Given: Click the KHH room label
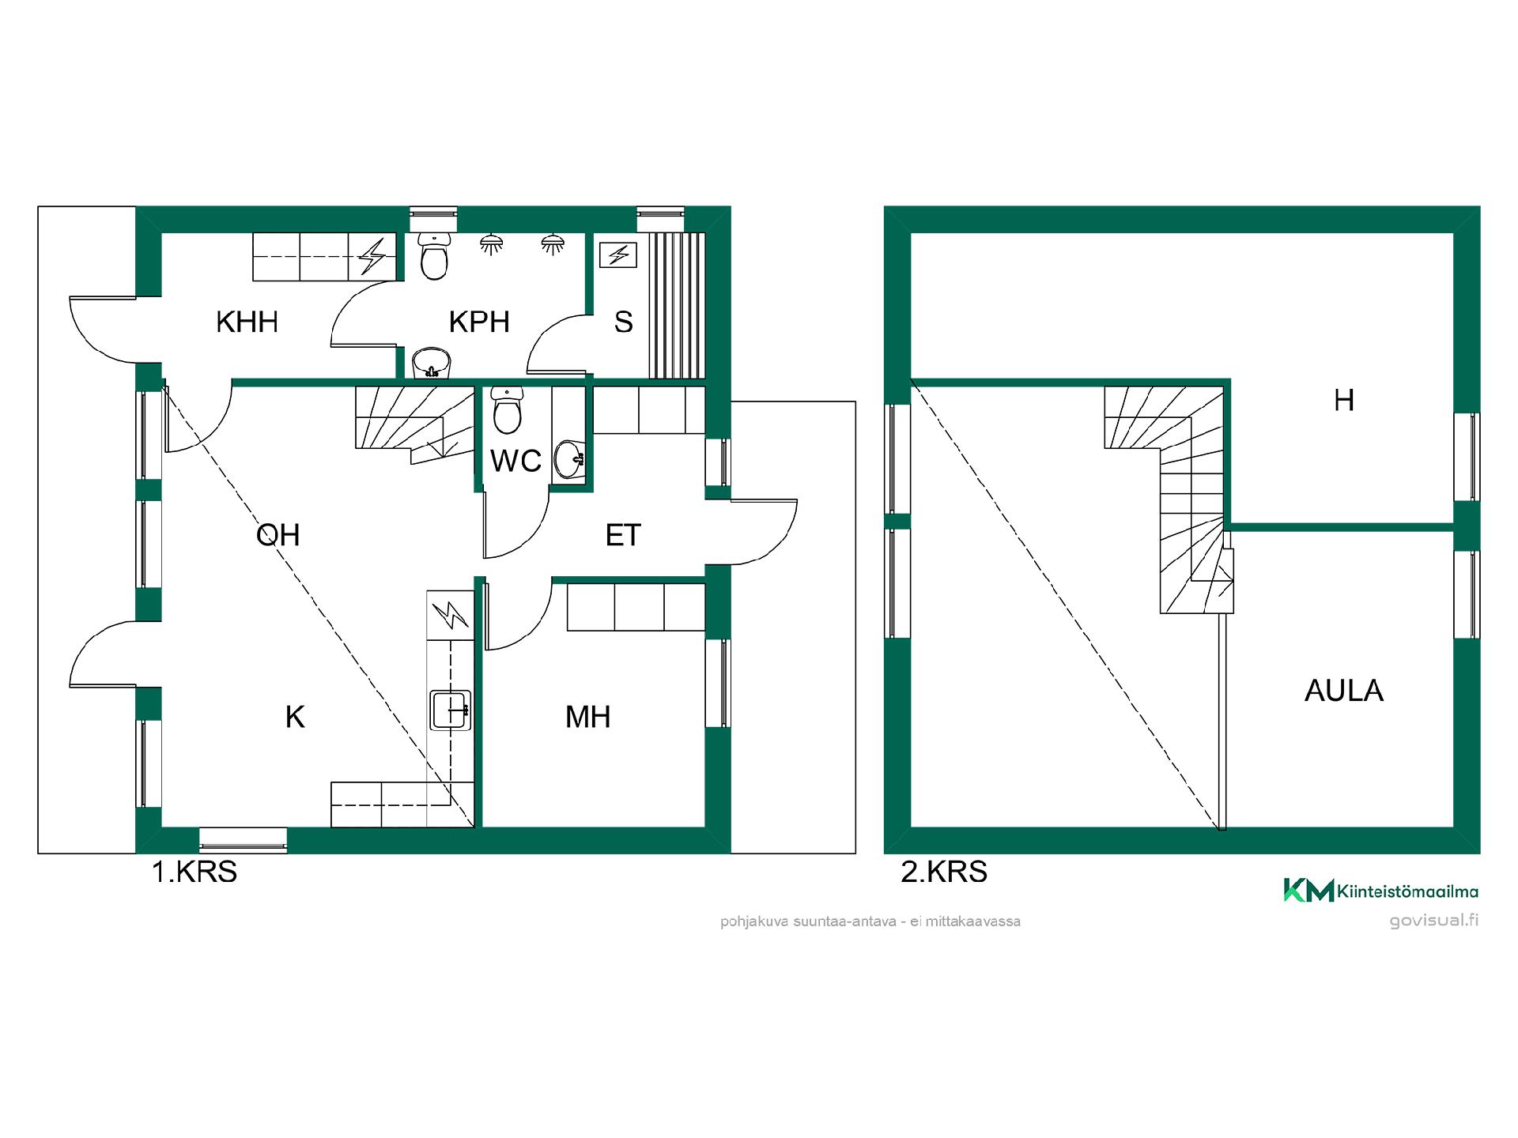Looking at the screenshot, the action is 247,322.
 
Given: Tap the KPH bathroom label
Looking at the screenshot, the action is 479,322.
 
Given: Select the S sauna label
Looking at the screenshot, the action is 624,322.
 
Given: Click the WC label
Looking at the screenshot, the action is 515,462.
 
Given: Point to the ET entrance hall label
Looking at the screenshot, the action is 623,536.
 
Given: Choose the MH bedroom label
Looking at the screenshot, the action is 588,718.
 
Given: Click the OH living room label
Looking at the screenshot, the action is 278,536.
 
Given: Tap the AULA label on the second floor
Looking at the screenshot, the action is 1344,691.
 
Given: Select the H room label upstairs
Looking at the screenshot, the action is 1344,401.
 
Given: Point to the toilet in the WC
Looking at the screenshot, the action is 507,410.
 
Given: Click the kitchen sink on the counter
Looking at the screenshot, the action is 451,710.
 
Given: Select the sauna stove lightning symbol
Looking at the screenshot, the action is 619,255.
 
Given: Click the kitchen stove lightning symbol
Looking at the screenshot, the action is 450,616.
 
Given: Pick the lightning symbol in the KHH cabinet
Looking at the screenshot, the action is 372,257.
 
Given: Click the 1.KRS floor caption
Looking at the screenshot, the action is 194,872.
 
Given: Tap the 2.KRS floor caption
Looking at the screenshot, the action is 944,872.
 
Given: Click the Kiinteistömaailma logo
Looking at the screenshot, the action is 1380,891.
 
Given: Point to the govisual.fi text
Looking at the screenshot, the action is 1434,921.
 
